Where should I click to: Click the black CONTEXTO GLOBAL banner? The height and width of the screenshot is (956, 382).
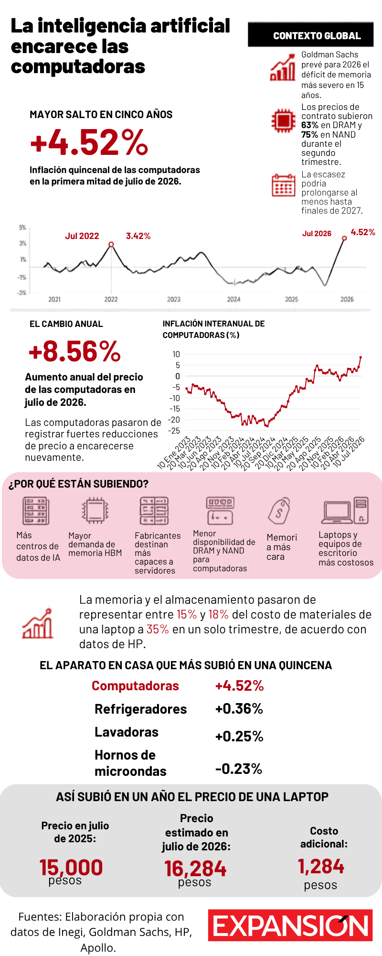tap(310, 35)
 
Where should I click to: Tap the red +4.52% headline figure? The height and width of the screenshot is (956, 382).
tap(89, 142)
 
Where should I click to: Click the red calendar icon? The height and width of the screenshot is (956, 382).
tap(284, 185)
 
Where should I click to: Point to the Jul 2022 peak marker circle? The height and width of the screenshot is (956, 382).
tap(111, 244)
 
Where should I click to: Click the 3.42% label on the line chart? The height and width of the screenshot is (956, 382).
tap(138, 236)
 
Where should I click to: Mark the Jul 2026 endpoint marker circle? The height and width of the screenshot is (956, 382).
tap(344, 238)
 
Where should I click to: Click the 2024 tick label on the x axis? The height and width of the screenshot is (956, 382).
tap(233, 299)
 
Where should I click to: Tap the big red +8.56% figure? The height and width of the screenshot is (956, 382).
tap(75, 351)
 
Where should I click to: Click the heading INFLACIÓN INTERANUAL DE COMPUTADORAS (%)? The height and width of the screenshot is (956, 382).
tap(214, 329)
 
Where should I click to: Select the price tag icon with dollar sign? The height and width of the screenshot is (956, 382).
tap(279, 511)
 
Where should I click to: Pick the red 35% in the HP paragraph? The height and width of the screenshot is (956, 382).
tap(158, 629)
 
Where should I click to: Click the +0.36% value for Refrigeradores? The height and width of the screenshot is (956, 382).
tap(239, 708)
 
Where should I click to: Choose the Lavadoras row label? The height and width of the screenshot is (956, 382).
tap(127, 732)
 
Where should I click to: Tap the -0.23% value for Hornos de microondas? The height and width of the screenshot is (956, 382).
tap(239, 769)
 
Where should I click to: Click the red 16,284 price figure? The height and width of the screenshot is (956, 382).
tap(195, 869)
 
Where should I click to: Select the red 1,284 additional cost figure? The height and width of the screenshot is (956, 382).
tap(320, 866)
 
